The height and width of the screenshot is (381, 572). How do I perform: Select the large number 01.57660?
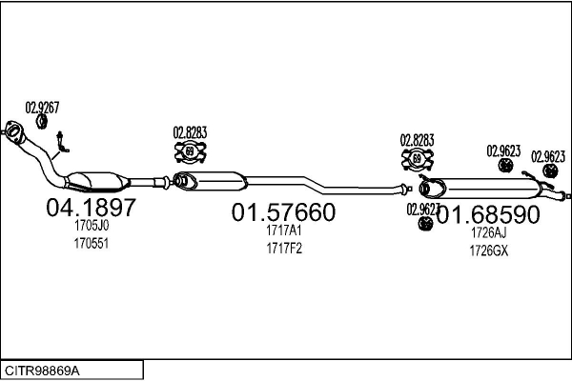(x=283, y=213)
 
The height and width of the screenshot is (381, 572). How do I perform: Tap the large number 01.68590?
(x=489, y=213)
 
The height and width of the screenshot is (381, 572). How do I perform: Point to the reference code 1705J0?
(x=91, y=227)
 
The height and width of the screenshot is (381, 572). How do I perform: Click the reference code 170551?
(x=91, y=243)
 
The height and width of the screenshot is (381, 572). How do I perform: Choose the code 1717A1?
(x=283, y=231)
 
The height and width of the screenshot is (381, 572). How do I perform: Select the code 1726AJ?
(x=487, y=231)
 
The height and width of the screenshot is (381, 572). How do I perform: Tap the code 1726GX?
(x=487, y=250)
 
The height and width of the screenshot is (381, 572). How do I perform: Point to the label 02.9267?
(x=41, y=108)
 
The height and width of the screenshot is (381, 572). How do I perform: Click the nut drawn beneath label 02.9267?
(x=41, y=121)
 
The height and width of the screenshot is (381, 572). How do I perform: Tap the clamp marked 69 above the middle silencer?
(x=190, y=150)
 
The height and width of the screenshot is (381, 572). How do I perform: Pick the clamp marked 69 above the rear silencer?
(x=417, y=158)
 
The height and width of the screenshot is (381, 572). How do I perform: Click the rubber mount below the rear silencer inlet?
(x=424, y=224)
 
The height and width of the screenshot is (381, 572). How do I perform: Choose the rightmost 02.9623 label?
(x=548, y=157)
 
